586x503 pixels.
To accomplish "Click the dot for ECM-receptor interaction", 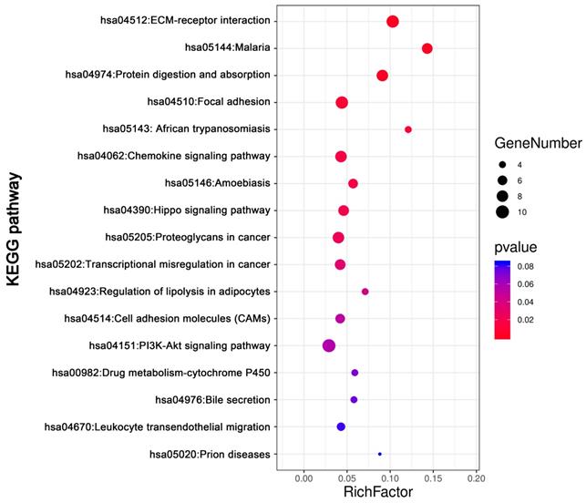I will pos(393,22).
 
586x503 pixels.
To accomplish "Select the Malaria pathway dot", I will pos(427,48).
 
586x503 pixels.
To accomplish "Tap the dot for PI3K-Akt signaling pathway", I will pos(329,345).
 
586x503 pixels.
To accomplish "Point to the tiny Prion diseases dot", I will pos(379,454).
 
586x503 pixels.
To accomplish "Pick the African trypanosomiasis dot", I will pos(407,129).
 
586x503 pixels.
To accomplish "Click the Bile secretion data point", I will pos(354,400).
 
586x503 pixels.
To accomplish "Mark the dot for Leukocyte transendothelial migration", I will pos(341,426).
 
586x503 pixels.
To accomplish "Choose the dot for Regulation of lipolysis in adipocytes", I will pos(365,292).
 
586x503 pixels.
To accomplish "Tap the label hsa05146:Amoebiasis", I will pos(217,183).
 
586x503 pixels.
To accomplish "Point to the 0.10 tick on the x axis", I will pos(389,477).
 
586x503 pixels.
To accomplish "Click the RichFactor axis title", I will pos(377,493).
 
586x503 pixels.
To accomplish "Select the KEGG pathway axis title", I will pos(15,237).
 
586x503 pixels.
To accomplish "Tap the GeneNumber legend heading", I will pos(538,144).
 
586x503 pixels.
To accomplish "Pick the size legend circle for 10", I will pos(502,212).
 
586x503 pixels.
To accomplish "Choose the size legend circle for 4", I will pos(502,165).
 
